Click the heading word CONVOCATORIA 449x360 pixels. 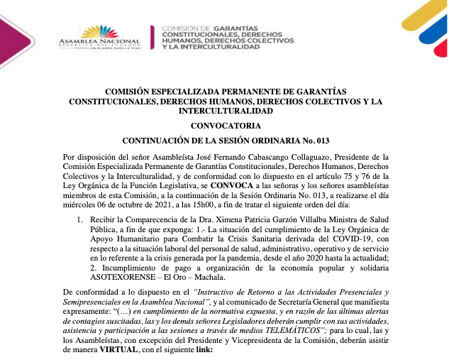click(x=225, y=125)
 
